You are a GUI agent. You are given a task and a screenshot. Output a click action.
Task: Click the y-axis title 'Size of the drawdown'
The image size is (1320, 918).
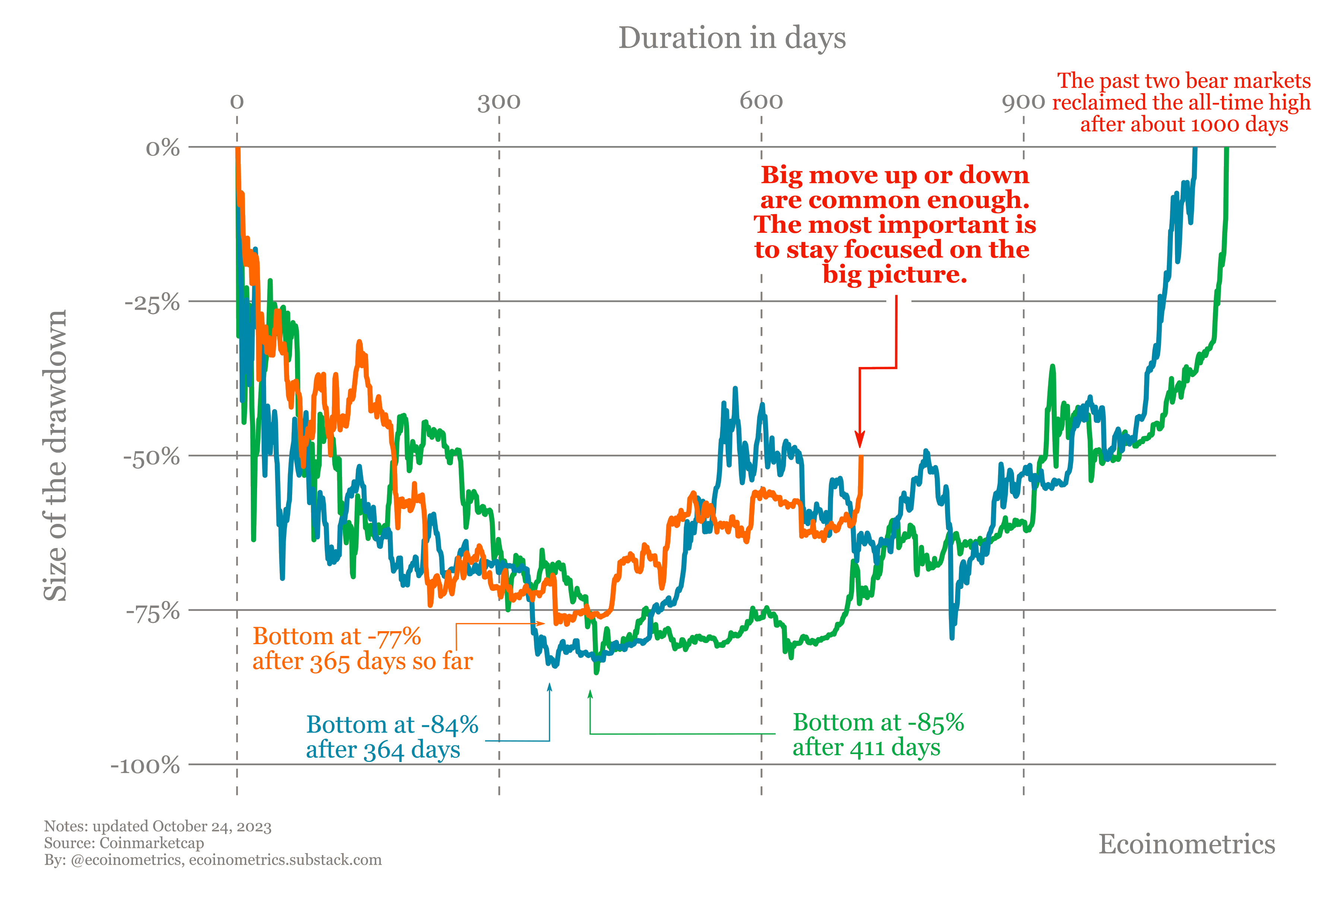coord(56,455)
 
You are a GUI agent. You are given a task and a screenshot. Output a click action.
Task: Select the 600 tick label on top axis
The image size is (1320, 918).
coord(761,101)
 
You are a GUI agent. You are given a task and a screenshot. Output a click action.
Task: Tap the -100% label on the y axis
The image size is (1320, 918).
coord(145,766)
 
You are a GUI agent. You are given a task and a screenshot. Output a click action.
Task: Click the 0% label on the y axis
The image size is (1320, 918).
coord(163,148)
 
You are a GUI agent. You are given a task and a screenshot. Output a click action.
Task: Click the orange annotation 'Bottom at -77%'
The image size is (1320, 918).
coord(337,636)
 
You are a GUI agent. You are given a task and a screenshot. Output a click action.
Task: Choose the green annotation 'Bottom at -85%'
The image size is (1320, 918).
coord(878,722)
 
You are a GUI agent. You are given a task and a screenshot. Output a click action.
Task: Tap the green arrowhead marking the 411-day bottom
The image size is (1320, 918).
coord(590,695)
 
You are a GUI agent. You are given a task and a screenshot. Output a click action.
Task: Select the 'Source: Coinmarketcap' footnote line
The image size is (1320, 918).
coord(124,843)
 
